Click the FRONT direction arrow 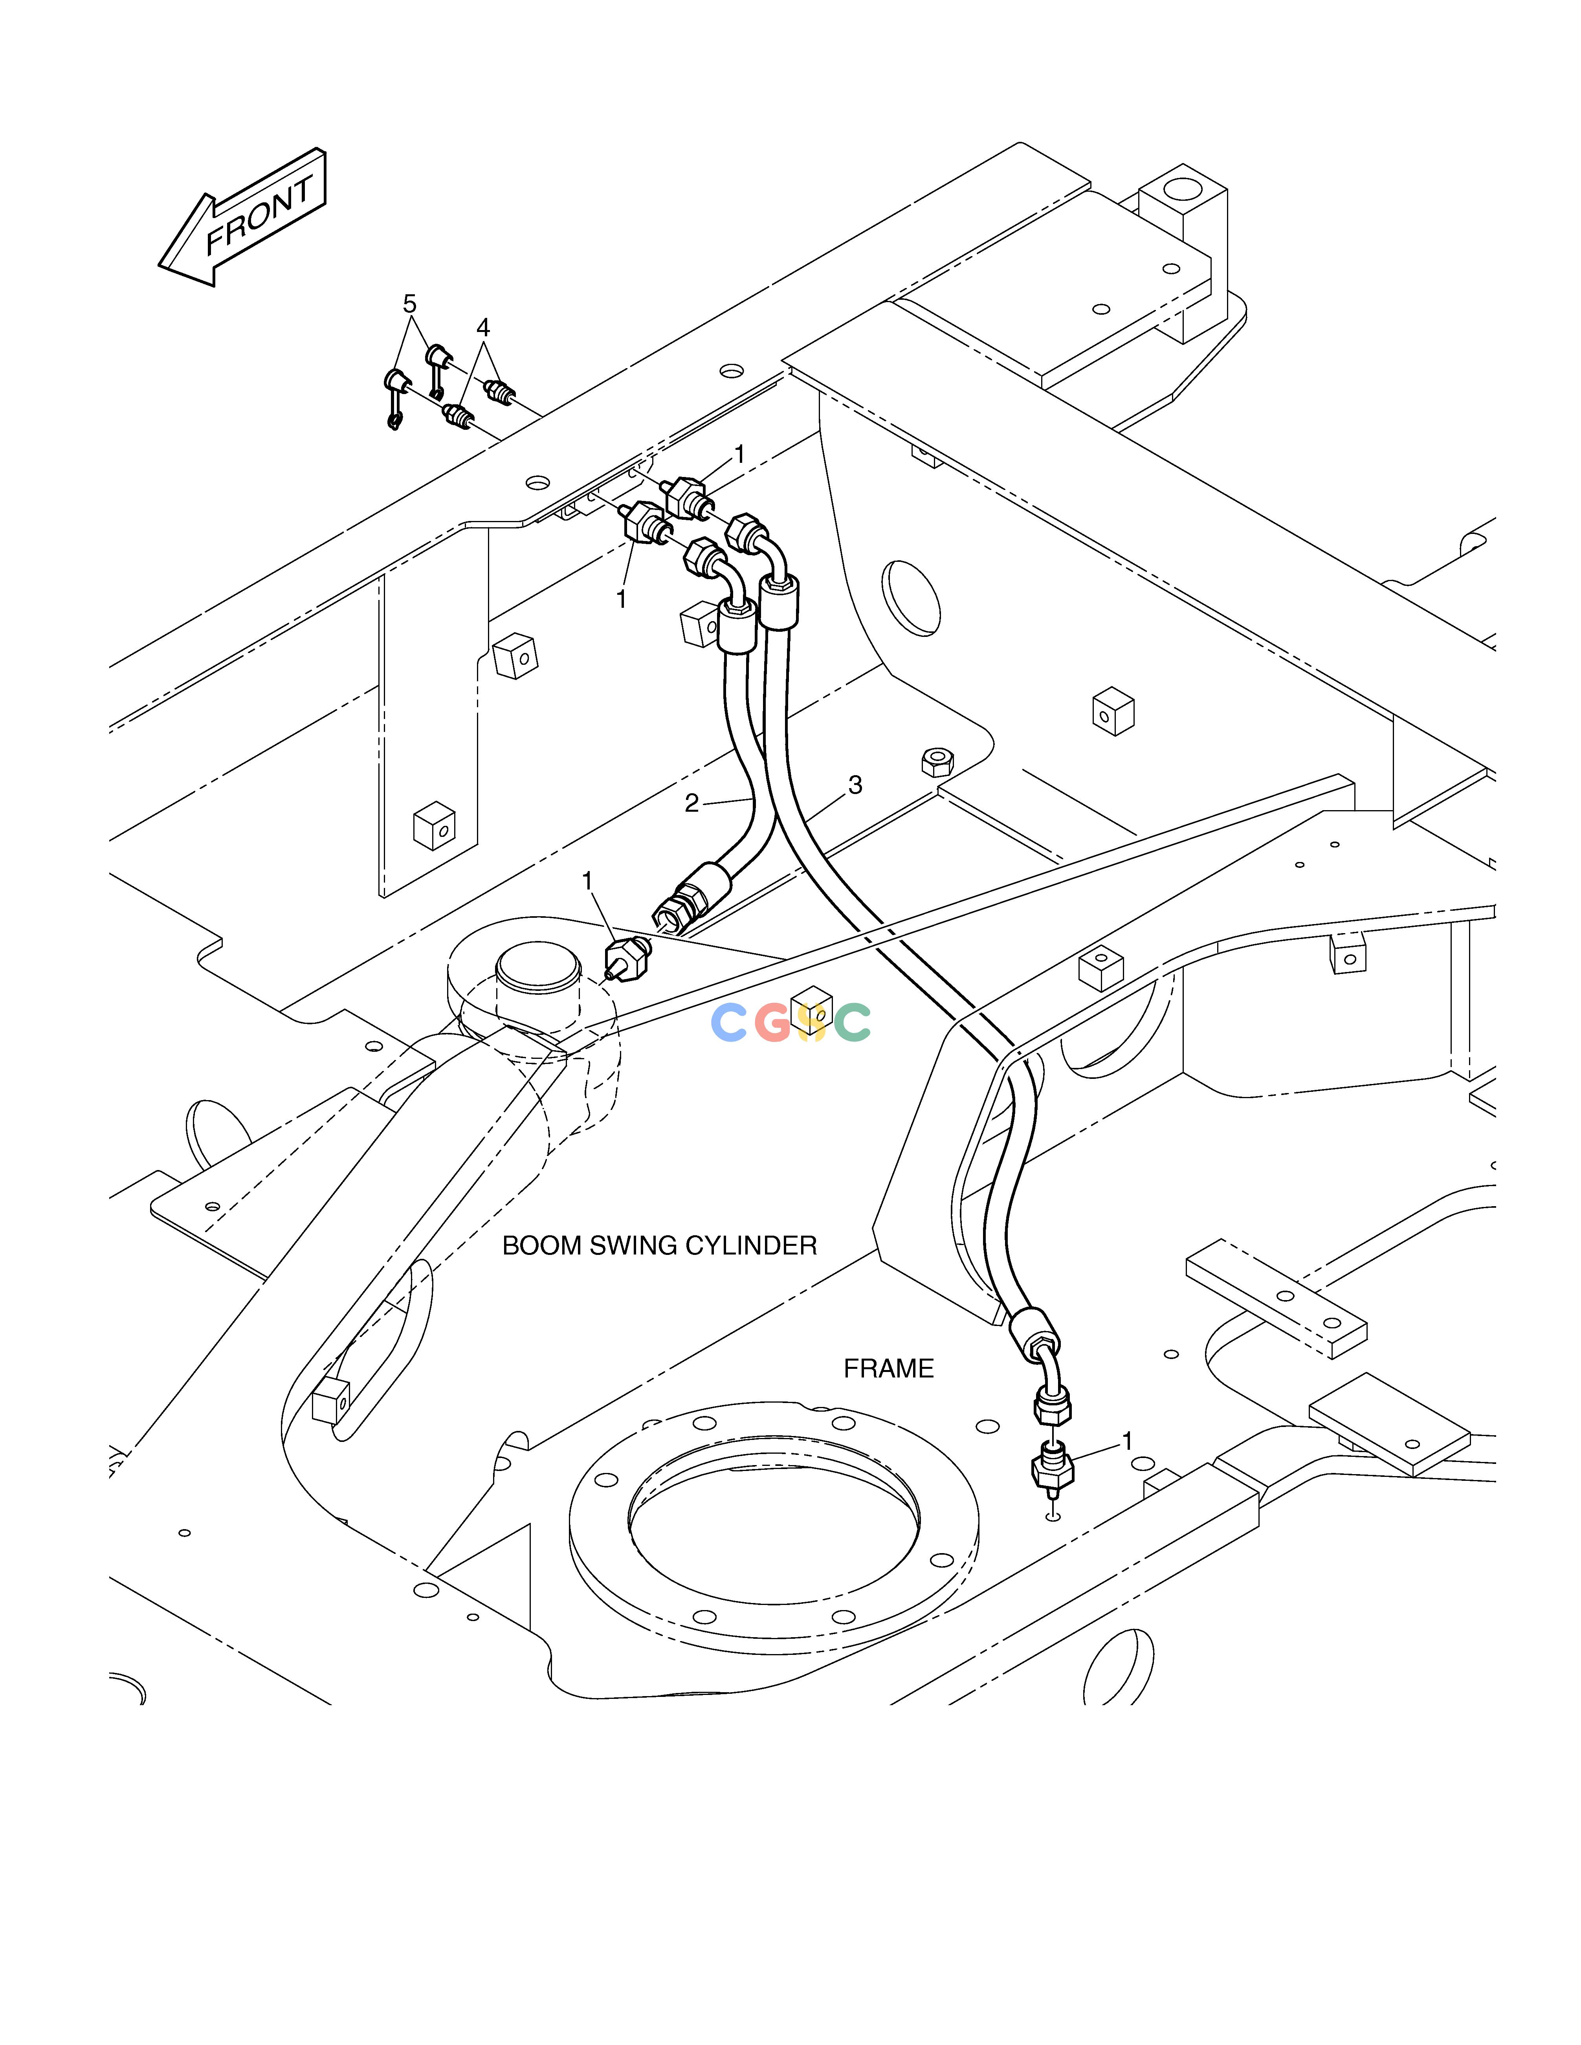pyautogui.click(x=242, y=217)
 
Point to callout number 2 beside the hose pyautogui.click(x=691, y=803)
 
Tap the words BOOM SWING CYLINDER pyautogui.click(x=659, y=1245)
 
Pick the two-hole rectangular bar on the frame pyautogui.click(x=1276, y=1298)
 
